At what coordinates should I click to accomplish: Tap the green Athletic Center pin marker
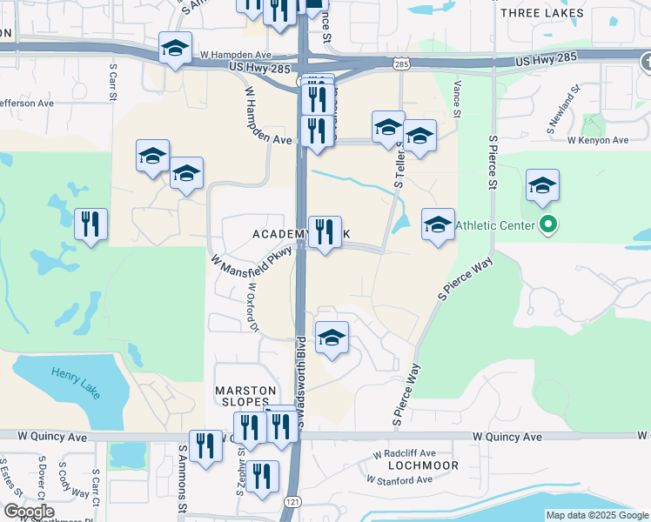point(547,225)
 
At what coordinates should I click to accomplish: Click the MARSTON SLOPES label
point(245,396)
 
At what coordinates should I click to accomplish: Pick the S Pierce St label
point(493,162)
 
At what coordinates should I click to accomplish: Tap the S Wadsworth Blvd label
point(300,378)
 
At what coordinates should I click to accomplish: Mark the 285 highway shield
point(400,64)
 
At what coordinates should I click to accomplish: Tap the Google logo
point(29,512)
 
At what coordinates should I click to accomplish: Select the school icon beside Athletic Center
point(542,185)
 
